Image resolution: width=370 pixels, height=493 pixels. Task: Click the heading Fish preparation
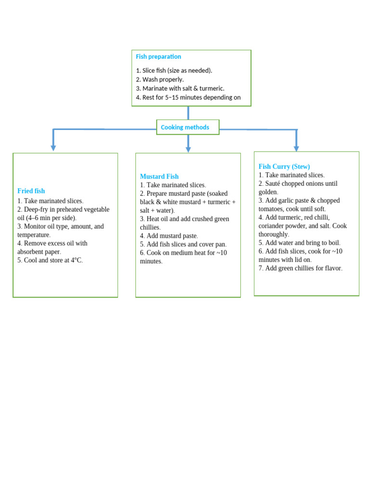click(x=159, y=57)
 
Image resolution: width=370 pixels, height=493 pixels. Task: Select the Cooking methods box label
click(x=185, y=128)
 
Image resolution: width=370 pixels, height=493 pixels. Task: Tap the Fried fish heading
click(x=31, y=191)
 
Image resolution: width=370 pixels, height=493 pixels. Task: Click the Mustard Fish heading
click(x=159, y=177)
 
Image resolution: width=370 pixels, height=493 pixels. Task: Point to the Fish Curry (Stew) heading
click(x=284, y=167)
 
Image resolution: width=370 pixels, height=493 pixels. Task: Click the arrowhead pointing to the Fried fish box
click(x=53, y=148)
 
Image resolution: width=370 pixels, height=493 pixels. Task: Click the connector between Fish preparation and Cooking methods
click(x=188, y=113)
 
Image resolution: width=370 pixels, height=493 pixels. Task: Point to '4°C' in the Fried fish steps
click(x=75, y=260)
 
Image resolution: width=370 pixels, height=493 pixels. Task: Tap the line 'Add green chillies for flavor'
click(x=304, y=269)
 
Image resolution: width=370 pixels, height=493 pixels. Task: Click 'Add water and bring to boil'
click(x=303, y=243)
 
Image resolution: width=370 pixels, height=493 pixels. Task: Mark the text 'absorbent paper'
click(x=39, y=252)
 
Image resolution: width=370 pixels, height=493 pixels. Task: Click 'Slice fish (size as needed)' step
click(x=177, y=71)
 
